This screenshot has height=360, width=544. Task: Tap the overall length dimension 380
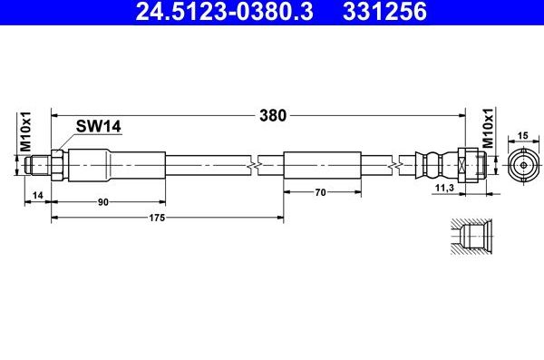click(273, 115)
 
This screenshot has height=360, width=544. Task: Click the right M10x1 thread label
click(487, 131)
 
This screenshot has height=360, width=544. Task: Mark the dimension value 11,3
click(446, 188)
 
